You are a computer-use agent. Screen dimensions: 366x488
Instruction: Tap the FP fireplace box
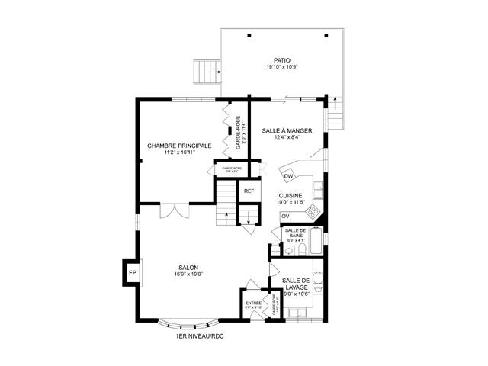[132, 272]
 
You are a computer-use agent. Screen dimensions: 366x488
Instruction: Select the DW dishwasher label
[288, 177]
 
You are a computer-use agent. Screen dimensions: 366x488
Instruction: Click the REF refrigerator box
[249, 191]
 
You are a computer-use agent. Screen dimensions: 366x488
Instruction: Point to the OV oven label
[285, 216]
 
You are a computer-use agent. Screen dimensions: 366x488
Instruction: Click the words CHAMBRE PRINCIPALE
[179, 146]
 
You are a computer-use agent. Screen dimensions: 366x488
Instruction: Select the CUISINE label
[290, 196]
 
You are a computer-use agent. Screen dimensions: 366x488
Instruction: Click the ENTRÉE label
[253, 303]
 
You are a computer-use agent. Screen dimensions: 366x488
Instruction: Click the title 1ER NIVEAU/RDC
[200, 335]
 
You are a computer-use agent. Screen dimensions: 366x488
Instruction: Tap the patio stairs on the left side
[207, 71]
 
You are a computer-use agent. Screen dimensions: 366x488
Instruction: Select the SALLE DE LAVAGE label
[297, 285]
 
